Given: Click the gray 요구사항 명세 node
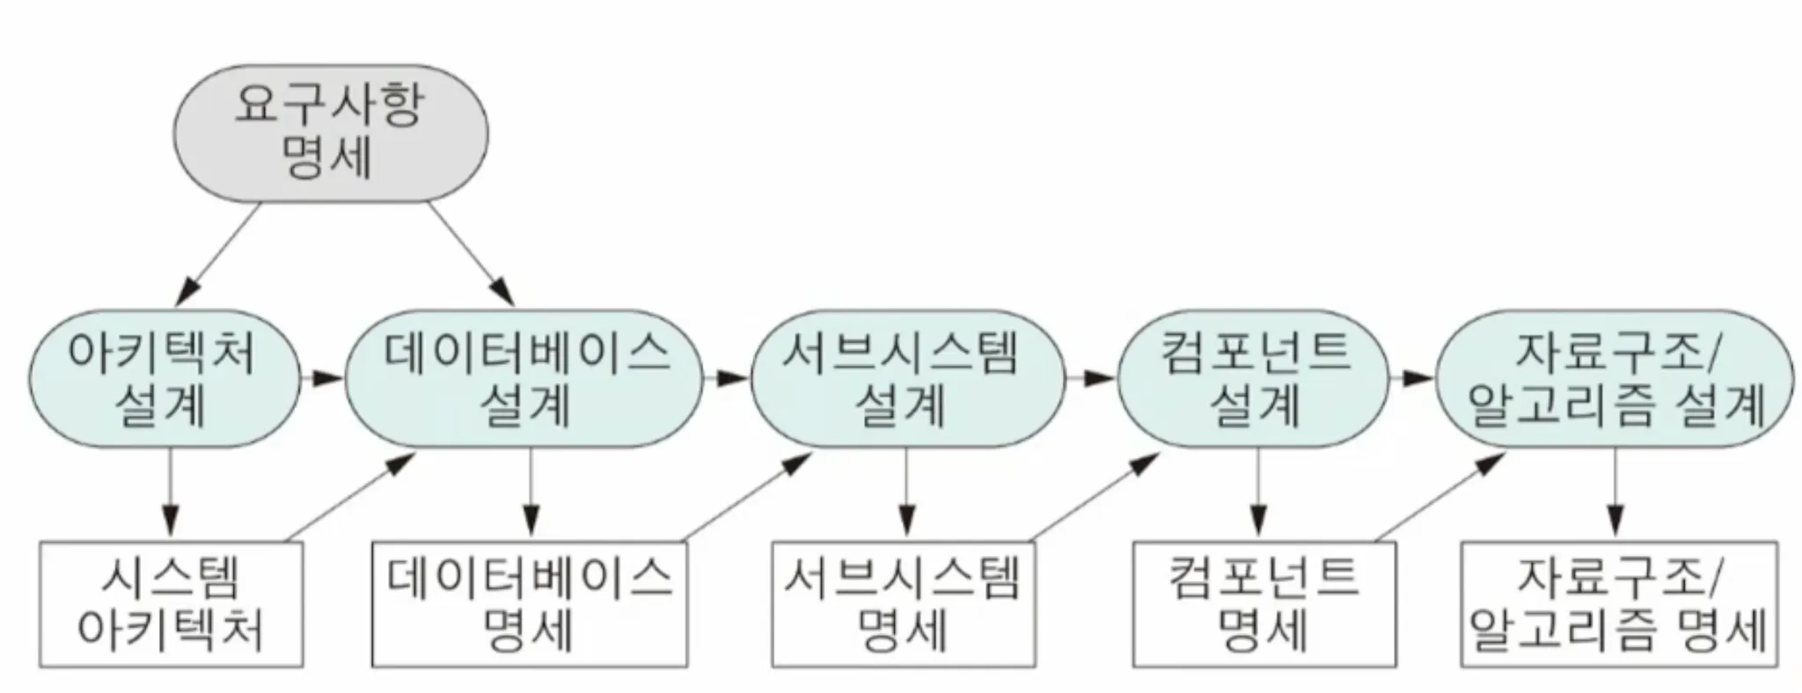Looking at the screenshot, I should (330, 134).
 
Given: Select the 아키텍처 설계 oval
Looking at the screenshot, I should (164, 379).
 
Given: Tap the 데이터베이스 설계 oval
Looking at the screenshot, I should (525, 379).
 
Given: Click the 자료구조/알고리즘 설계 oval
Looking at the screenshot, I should (1614, 379).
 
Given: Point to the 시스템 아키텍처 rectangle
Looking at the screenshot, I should (171, 604).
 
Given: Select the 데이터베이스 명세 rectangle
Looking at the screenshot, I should (529, 604).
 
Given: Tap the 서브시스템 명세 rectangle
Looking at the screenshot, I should (903, 604).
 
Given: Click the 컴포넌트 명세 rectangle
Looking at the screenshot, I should (1264, 604).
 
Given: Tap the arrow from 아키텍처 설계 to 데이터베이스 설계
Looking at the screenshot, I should (322, 379).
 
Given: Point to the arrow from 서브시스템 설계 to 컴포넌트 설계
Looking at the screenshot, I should (1091, 379).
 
